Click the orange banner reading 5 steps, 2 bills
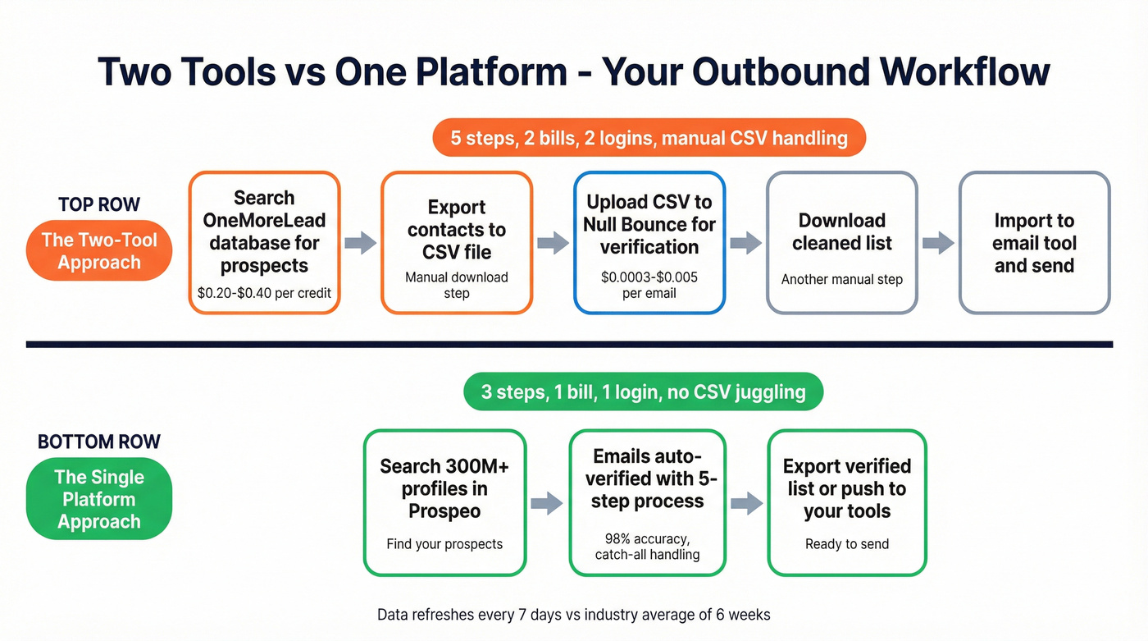pos(649,137)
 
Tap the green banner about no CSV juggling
pos(643,391)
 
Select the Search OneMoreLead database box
pos(264,242)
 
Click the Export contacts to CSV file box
pos(457,242)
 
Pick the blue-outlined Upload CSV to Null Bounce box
pos(649,242)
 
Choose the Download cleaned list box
pos(841,242)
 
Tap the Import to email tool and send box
pos(1034,242)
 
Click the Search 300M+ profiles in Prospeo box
pos(444,502)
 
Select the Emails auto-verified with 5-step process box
pos(647,502)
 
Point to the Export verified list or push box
pos(847,502)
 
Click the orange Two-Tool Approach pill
pos(99,251)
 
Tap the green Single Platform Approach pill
pos(99,499)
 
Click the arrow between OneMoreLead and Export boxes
pos(360,242)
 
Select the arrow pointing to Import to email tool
pos(938,242)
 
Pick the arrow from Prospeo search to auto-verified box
pos(547,503)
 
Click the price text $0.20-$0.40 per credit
pos(264,292)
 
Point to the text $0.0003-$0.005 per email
pos(649,285)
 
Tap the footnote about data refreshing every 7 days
pos(573,614)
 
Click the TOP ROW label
pos(99,204)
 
